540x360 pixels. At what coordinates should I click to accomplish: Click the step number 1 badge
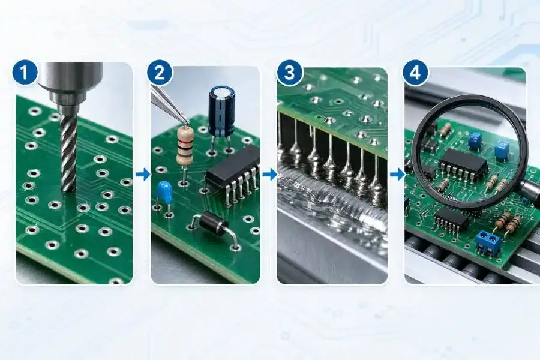[25, 73]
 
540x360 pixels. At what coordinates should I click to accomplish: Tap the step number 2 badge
[160, 73]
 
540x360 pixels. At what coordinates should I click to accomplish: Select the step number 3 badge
[289, 73]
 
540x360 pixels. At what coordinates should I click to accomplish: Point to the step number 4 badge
[416, 73]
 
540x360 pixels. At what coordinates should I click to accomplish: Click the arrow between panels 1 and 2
[143, 175]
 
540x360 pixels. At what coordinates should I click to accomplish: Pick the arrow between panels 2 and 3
[269, 175]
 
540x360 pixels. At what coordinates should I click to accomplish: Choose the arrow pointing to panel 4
[397, 175]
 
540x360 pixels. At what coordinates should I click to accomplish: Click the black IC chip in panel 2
[232, 169]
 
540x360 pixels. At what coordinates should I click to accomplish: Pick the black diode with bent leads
[213, 223]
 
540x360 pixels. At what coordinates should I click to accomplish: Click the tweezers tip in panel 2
[187, 123]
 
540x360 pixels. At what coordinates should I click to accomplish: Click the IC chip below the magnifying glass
[451, 220]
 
